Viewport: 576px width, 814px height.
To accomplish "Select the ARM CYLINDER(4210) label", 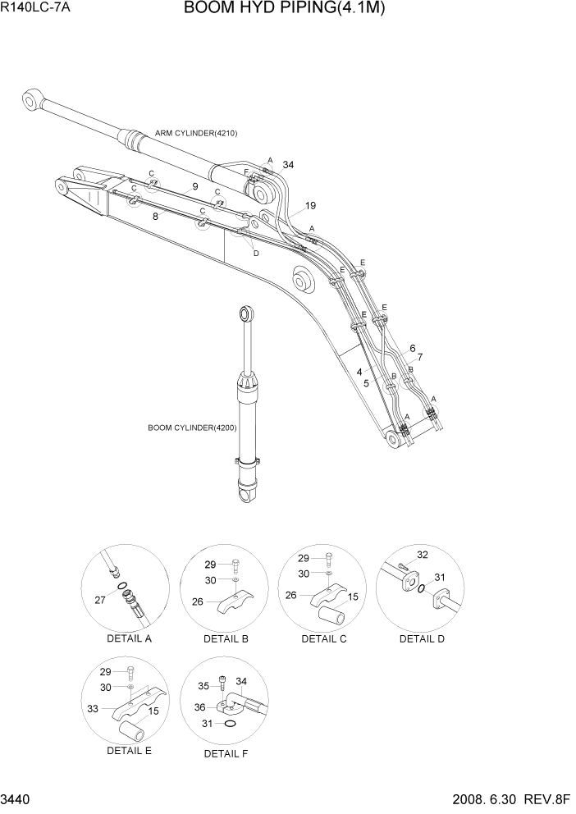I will click(x=196, y=133).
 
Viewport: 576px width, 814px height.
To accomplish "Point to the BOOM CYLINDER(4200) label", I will click(x=192, y=428).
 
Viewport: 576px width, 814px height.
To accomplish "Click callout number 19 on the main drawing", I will click(x=310, y=205).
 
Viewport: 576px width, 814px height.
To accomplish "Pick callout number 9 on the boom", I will click(x=194, y=187).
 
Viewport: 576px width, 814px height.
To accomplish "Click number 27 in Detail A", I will click(x=100, y=601).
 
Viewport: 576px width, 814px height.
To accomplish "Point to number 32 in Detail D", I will click(x=423, y=556).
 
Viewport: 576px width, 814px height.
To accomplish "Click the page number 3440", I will click(x=16, y=800).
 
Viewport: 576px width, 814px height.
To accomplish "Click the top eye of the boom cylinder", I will click(x=245, y=313).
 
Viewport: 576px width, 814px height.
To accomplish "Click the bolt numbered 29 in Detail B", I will click(x=234, y=565).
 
